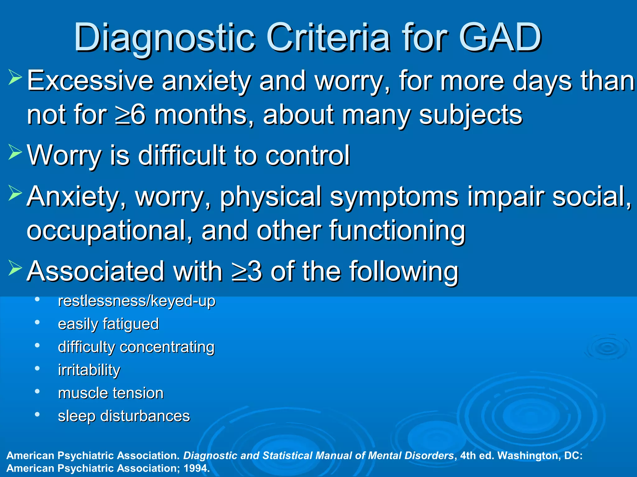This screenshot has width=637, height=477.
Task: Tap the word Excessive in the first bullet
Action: [x=90, y=81]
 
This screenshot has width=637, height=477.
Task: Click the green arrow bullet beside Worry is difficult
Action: [x=15, y=152]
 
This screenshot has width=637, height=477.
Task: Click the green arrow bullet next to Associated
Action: [x=15, y=268]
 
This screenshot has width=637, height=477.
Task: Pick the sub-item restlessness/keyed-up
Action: [x=136, y=301]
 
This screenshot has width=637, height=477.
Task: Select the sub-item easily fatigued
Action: [x=108, y=324]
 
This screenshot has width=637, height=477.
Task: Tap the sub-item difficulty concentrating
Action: [x=136, y=347]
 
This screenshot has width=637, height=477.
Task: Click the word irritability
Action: [x=89, y=370]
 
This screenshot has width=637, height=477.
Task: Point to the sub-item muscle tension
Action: [x=110, y=393]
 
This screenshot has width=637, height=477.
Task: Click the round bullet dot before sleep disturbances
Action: [x=37, y=414]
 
